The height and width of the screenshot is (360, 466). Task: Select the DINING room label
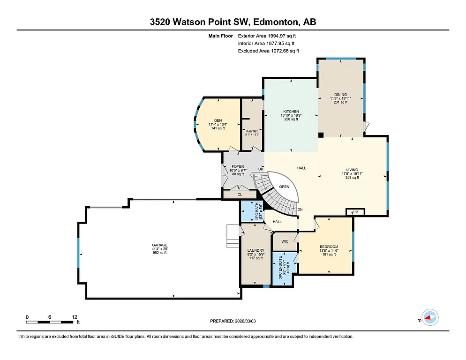[340, 95]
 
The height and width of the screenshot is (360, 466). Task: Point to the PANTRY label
[252, 131]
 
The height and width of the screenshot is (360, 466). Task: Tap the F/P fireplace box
[354, 212]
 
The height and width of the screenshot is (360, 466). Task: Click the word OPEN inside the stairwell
[284, 187]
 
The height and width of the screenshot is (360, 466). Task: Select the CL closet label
[240, 194]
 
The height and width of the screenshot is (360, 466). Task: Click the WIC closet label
[285, 241]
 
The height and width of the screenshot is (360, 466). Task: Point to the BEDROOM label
[329, 247]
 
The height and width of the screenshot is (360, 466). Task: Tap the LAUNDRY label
[256, 250]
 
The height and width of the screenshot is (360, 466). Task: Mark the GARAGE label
[159, 245]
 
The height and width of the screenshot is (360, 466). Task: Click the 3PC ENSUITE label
[280, 268]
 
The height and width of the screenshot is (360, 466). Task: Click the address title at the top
[233, 22]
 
